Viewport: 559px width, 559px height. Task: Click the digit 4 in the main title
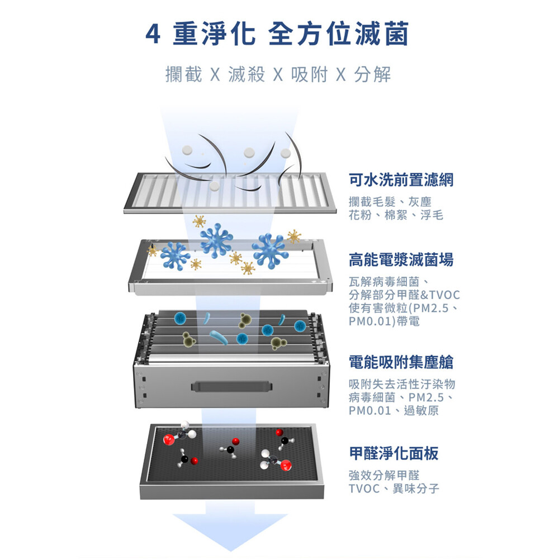(153, 35)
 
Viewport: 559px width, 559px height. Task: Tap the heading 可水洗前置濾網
(401, 179)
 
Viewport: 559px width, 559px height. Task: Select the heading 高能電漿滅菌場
(401, 259)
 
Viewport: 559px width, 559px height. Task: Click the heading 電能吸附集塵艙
(401, 362)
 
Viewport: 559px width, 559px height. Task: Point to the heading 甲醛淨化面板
(394, 453)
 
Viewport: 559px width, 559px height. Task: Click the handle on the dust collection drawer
(232, 386)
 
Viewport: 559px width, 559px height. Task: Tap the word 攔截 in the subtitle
(183, 74)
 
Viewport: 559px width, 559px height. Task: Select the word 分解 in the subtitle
(372, 74)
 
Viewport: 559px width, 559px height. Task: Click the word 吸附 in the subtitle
(310, 74)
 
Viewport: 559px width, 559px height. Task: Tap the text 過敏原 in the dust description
(421, 411)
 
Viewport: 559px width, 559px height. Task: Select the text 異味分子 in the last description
(416, 489)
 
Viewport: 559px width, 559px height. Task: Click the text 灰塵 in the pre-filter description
(420, 202)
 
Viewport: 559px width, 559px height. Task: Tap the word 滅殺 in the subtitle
(247, 74)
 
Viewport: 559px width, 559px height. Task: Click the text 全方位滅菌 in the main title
(338, 34)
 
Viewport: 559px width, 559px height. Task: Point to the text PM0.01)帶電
(384, 321)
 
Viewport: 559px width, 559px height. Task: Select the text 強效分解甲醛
(384, 475)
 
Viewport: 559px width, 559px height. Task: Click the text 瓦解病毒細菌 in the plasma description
(384, 282)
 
